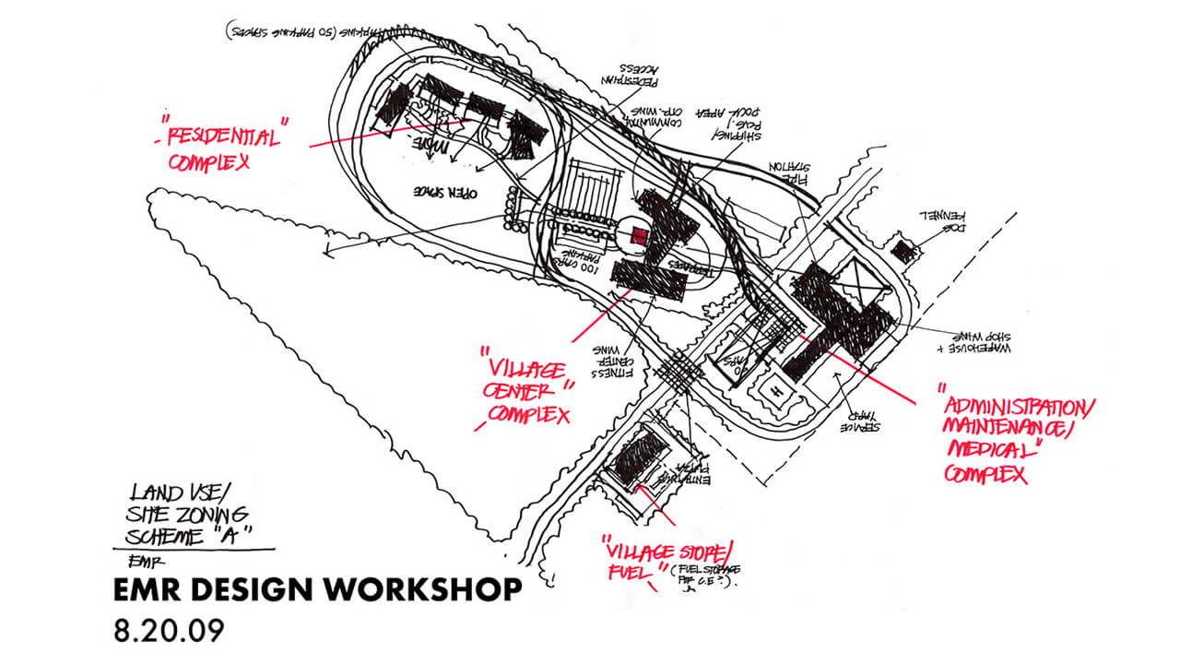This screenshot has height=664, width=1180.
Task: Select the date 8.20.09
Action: tap(170, 632)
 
